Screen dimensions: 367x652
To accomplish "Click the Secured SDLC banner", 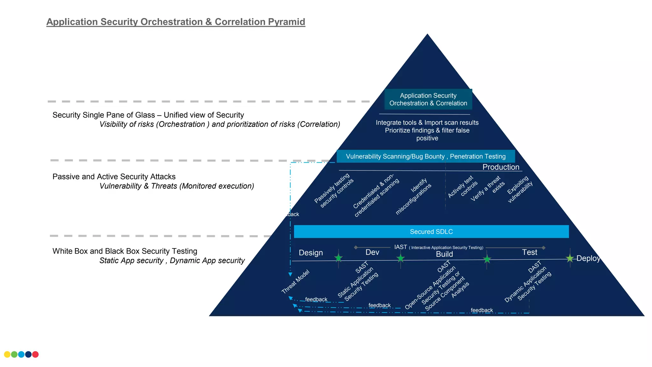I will pos(431,232).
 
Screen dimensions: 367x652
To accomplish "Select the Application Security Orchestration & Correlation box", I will pos(428,99).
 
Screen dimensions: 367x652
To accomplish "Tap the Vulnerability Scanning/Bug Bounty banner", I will pos(426,156).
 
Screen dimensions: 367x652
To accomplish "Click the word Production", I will pos(501,167).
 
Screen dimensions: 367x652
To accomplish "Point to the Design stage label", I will pos(311,253).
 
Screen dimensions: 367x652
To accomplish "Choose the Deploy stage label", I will pos(588,258).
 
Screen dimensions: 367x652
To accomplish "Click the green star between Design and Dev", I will pos(338,258).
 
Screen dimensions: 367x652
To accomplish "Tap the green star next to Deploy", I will pos(570,258).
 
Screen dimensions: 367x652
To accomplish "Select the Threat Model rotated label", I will pos(295,282).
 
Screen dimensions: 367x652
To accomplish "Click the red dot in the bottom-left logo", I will pos(35,354).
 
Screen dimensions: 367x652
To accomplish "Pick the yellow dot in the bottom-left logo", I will pos(7,354).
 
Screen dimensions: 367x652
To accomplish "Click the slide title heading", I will pos(176,22).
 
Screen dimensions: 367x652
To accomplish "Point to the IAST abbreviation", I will pos(400,247).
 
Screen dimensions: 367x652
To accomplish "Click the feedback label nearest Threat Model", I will pos(316,299).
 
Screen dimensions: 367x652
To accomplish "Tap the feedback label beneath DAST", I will pos(482,310).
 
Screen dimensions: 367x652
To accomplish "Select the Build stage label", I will pos(444,254).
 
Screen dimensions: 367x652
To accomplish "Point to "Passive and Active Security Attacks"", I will pos(114,176).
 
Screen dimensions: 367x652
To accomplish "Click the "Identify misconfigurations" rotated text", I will pos(413,196).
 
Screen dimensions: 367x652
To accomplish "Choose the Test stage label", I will pos(529,252).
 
